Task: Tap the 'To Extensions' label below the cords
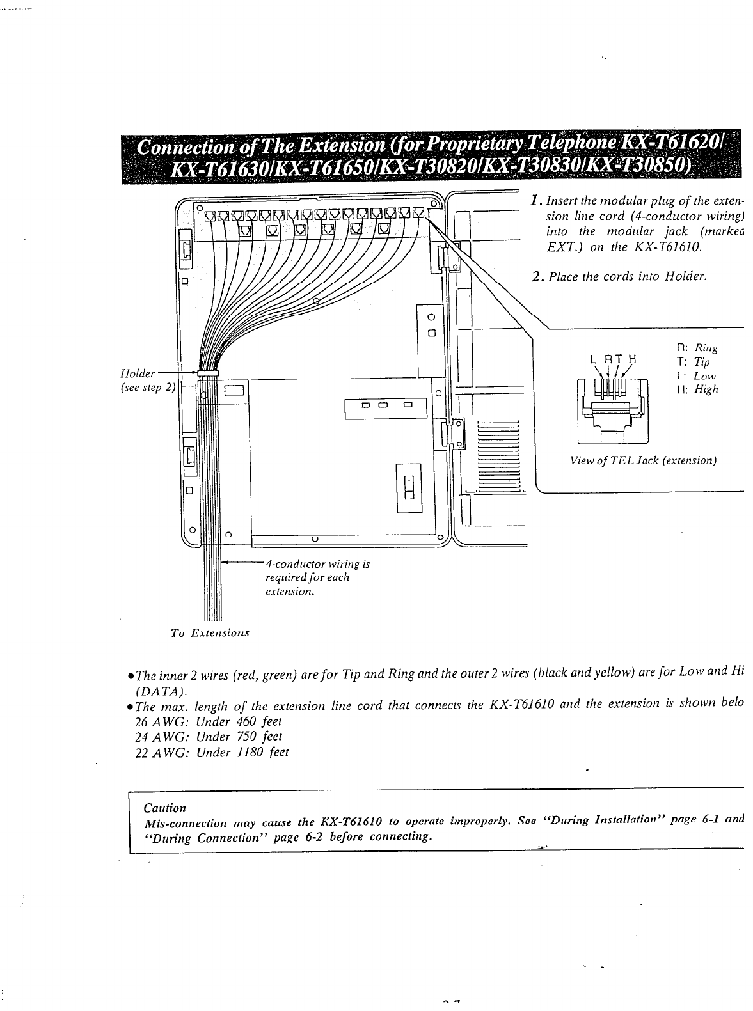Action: (209, 634)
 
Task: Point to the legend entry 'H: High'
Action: (697, 389)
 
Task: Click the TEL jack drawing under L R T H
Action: (612, 410)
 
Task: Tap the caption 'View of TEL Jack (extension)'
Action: (637, 460)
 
